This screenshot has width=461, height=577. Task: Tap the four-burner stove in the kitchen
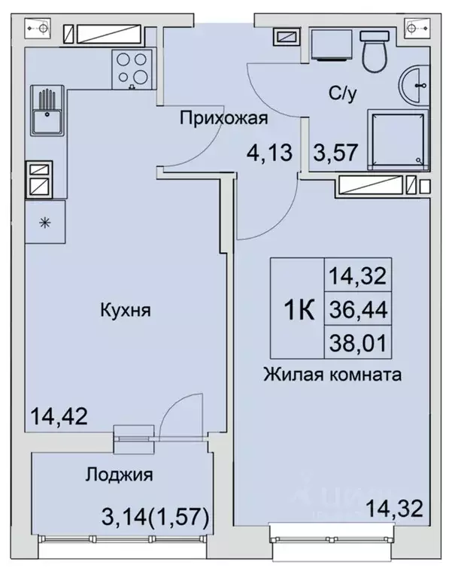pyautogui.click(x=133, y=68)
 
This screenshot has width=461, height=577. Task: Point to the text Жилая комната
pyautogui.click(x=332, y=373)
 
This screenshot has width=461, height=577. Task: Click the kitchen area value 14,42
pyautogui.click(x=59, y=415)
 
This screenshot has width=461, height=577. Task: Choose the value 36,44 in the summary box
pyautogui.click(x=357, y=308)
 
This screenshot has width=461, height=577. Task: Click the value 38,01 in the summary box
pyautogui.click(x=357, y=345)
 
